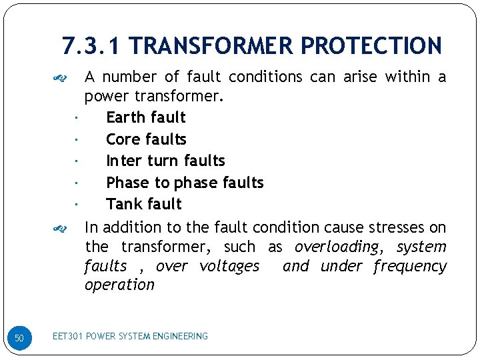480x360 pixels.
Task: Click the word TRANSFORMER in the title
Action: click(x=213, y=46)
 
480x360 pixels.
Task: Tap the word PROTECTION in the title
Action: click(x=371, y=46)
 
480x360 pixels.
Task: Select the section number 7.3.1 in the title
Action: click(x=91, y=46)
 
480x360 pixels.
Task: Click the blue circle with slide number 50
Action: click(x=19, y=339)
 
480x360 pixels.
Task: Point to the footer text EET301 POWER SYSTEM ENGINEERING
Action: click(x=130, y=336)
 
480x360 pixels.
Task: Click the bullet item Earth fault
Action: click(x=146, y=117)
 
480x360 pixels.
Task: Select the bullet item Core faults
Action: click(x=146, y=139)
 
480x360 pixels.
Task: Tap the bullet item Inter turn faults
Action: click(x=165, y=161)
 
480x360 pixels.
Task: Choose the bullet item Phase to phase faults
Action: click(x=185, y=183)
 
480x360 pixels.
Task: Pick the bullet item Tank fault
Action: click(x=144, y=204)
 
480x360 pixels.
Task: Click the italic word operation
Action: click(x=119, y=285)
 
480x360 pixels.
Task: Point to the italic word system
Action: click(x=421, y=247)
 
